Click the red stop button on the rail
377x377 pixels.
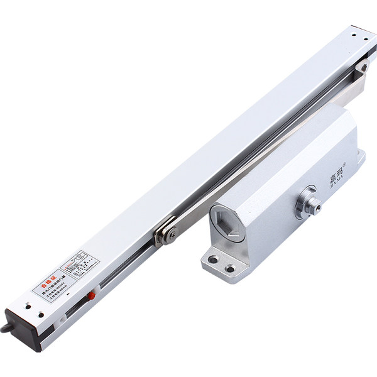click(x=92, y=294)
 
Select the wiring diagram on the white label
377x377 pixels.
click(x=80, y=260)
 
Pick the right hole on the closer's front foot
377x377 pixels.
click(x=231, y=269)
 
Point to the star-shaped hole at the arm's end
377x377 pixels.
click(x=363, y=67)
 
